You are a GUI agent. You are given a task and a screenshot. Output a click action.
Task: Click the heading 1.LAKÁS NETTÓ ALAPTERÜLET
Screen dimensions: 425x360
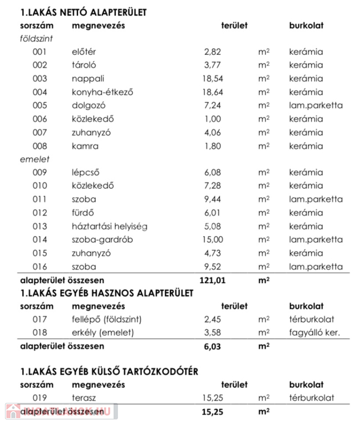coord(84,12)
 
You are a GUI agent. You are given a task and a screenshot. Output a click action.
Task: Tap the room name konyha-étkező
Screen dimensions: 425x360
coord(103,92)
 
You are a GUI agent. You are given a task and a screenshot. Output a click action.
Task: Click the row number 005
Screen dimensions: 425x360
coord(40,105)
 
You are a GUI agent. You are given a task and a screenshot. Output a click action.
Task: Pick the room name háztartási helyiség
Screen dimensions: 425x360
coord(110,226)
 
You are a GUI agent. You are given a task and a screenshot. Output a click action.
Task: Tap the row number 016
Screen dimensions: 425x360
coord(40,267)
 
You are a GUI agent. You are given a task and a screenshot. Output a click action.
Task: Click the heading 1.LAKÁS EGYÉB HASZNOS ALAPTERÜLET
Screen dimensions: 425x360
coord(107,293)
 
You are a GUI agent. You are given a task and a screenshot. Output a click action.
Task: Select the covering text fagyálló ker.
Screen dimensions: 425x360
coord(313,333)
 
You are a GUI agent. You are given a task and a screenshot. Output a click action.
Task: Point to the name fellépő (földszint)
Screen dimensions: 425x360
coord(107,319)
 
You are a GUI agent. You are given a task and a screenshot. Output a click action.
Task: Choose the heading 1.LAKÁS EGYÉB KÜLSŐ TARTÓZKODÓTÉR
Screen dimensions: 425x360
coord(109,371)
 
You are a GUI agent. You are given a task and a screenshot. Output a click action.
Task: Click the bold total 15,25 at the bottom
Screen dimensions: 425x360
coord(214,412)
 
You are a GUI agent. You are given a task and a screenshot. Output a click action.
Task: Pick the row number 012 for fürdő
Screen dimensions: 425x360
coord(40,213)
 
